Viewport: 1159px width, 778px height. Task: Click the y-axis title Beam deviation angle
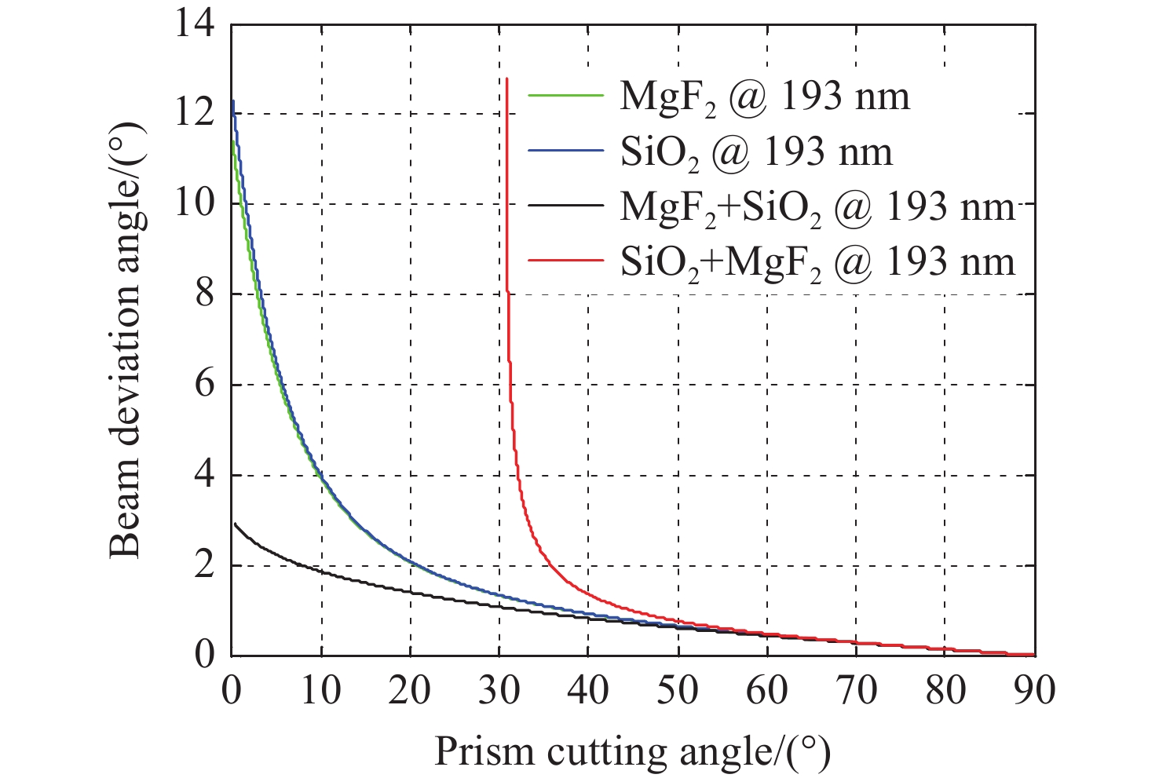tap(126, 339)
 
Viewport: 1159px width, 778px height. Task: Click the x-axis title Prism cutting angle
tap(632, 751)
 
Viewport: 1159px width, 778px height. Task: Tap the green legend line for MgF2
tap(565, 95)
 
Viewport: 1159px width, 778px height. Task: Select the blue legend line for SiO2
tap(565, 150)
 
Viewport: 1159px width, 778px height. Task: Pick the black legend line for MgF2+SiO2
tap(565, 206)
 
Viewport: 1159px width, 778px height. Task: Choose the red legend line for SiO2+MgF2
tap(565, 261)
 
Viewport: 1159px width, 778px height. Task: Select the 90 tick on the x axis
tap(1034, 691)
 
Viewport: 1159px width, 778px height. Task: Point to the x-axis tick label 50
tap(678, 691)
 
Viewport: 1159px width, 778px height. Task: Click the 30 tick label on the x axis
tap(499, 691)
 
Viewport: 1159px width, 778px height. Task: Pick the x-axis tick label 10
tap(320, 691)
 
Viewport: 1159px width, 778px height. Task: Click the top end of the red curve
tap(507, 79)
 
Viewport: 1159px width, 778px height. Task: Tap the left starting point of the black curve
tap(235, 523)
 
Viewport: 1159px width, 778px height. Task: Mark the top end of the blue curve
tap(233, 100)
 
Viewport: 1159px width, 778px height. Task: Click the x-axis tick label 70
tap(856, 691)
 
